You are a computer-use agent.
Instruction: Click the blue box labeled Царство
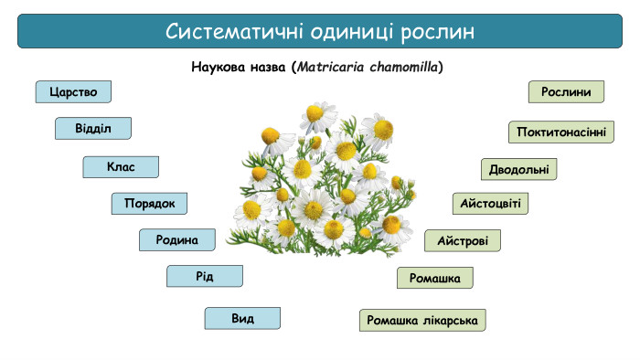[x=73, y=92]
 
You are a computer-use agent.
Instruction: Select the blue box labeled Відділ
[x=92, y=128]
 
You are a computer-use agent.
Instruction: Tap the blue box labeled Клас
[x=121, y=167]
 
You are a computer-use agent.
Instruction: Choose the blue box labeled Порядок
[x=149, y=204]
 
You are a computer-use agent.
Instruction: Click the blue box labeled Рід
[x=204, y=276]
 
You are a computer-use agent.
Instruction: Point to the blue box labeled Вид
[x=242, y=319]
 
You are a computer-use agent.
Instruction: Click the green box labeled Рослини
[x=566, y=91]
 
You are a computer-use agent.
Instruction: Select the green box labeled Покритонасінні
[x=560, y=132]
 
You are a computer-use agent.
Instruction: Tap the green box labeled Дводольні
[x=518, y=169]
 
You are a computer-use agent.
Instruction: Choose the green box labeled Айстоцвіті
[x=490, y=203]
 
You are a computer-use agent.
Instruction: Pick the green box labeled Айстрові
[x=462, y=241]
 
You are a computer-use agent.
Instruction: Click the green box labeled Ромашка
[x=434, y=278]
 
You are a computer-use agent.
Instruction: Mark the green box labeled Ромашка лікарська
[x=422, y=321]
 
